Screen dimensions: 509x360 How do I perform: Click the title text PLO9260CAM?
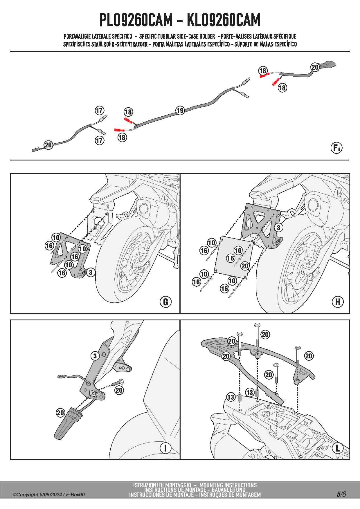coord(136,20)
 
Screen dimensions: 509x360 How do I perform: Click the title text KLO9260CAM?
coord(223,20)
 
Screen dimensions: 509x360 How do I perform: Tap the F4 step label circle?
coord(336,148)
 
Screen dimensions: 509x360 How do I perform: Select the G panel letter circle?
coord(165,302)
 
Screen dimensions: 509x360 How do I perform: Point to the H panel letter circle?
coord(338,302)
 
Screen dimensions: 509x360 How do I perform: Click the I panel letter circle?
coord(165,448)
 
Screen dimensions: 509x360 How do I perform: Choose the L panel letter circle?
coord(338,448)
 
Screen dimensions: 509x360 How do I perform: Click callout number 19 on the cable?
coord(180,110)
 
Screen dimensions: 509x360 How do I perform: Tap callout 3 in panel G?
coord(91,272)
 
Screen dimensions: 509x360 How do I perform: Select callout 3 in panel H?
coord(278,228)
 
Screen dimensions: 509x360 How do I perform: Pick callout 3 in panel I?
coord(95,356)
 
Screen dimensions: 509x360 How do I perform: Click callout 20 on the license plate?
coord(245,266)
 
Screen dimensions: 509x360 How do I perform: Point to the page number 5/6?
coord(341,494)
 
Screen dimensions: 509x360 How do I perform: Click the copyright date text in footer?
coord(48,494)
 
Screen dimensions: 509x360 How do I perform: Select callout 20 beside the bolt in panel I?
coord(119,390)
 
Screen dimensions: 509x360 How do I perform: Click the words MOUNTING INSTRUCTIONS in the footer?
coord(228,485)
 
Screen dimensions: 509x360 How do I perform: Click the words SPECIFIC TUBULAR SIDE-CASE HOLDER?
coord(177,37)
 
